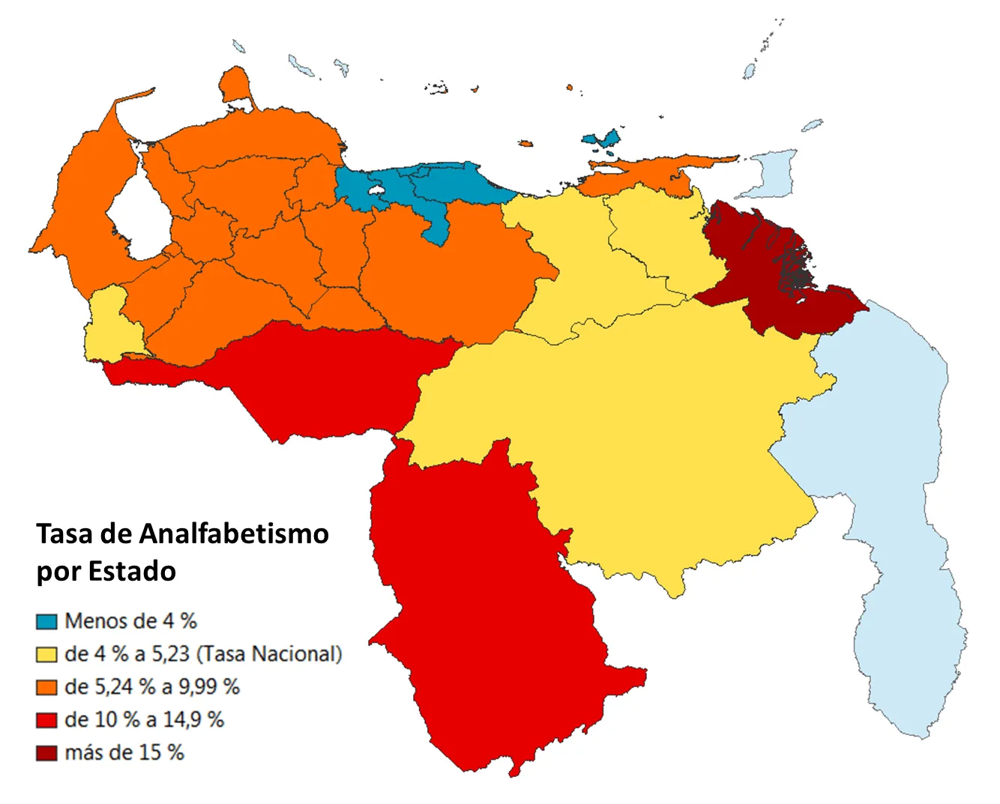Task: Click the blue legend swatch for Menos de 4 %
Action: [46, 622]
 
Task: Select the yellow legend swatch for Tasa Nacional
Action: [46, 655]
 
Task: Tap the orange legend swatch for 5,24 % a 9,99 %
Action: [46, 688]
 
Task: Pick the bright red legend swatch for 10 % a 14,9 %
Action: [46, 721]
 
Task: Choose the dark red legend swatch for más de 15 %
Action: [46, 754]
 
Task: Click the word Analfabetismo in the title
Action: [234, 534]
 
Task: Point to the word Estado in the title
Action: [132, 572]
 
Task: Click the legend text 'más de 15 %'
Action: [124, 753]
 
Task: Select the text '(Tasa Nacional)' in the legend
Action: [269, 654]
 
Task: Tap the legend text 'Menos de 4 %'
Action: [130, 621]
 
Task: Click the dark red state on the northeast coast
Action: [772, 277]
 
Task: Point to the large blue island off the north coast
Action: [603, 139]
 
